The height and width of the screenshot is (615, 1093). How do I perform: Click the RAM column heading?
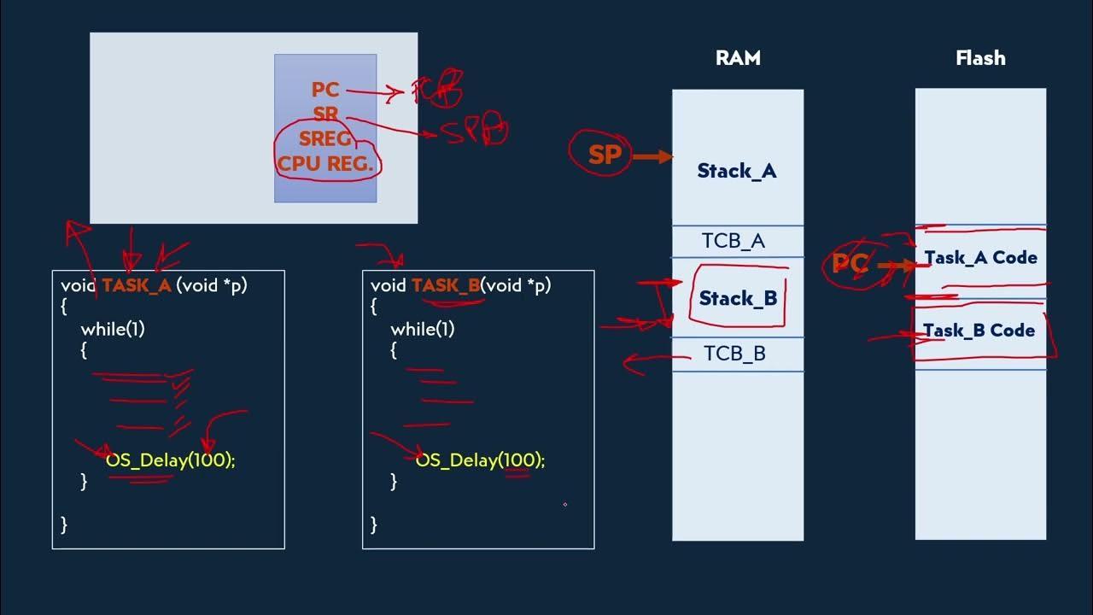tap(738, 58)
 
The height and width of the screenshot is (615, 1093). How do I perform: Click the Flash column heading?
tap(980, 58)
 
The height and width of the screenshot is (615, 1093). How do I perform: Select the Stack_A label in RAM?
tap(737, 171)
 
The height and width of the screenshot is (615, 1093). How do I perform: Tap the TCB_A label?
tap(734, 241)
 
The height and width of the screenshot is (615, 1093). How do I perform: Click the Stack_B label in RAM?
tap(738, 298)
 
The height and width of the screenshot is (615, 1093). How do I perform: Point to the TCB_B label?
tap(734, 354)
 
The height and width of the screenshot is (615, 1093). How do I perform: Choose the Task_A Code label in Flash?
tap(980, 258)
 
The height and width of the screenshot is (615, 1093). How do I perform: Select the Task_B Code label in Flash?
tap(979, 331)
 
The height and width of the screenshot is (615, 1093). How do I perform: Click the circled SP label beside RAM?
tap(605, 155)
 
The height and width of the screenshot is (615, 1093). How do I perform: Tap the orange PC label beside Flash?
tap(850, 264)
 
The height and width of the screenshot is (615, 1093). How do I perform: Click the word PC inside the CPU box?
tap(325, 90)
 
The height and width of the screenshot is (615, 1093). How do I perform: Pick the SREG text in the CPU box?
tap(325, 139)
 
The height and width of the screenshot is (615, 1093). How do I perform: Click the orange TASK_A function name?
tap(137, 286)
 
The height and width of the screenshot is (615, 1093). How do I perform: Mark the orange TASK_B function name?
tap(446, 286)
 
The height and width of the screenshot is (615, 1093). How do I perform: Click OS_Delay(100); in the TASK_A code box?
tap(170, 460)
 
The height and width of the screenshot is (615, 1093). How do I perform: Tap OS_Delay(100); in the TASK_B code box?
tap(480, 460)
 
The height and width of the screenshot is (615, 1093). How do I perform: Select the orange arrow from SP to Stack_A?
tap(653, 156)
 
